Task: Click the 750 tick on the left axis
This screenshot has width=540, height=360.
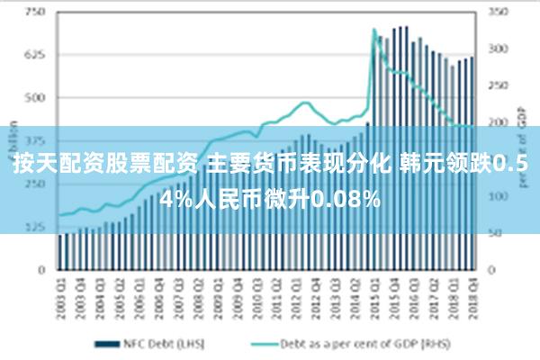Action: tap(34, 13)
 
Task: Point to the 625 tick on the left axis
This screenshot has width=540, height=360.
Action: tap(34, 56)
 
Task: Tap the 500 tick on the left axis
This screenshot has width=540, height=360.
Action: tap(34, 98)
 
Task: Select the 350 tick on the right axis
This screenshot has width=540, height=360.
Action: tap(497, 13)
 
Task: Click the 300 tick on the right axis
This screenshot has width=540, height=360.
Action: tap(497, 49)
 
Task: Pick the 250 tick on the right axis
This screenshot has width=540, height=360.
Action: tap(497, 85)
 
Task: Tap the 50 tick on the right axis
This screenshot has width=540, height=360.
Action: tap(495, 233)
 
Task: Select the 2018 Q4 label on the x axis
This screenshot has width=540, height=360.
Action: tap(472, 291)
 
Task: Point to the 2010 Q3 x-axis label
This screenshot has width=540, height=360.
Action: tap(258, 291)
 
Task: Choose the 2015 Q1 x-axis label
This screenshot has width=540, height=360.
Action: tap(375, 291)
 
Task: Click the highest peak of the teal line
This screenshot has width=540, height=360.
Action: tap(374, 30)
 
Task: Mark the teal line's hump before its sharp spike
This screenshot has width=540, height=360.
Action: tap(305, 103)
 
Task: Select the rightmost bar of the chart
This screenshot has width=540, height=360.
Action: tap(472, 162)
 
